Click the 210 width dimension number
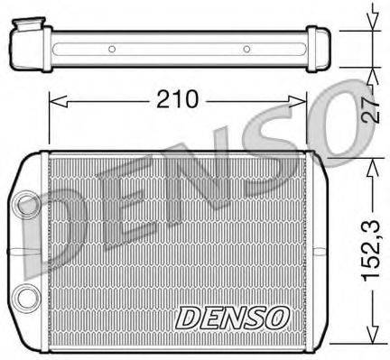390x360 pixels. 178,99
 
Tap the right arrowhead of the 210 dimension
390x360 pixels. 302,100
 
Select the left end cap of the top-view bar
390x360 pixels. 27,43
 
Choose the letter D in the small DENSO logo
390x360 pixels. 186,317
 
